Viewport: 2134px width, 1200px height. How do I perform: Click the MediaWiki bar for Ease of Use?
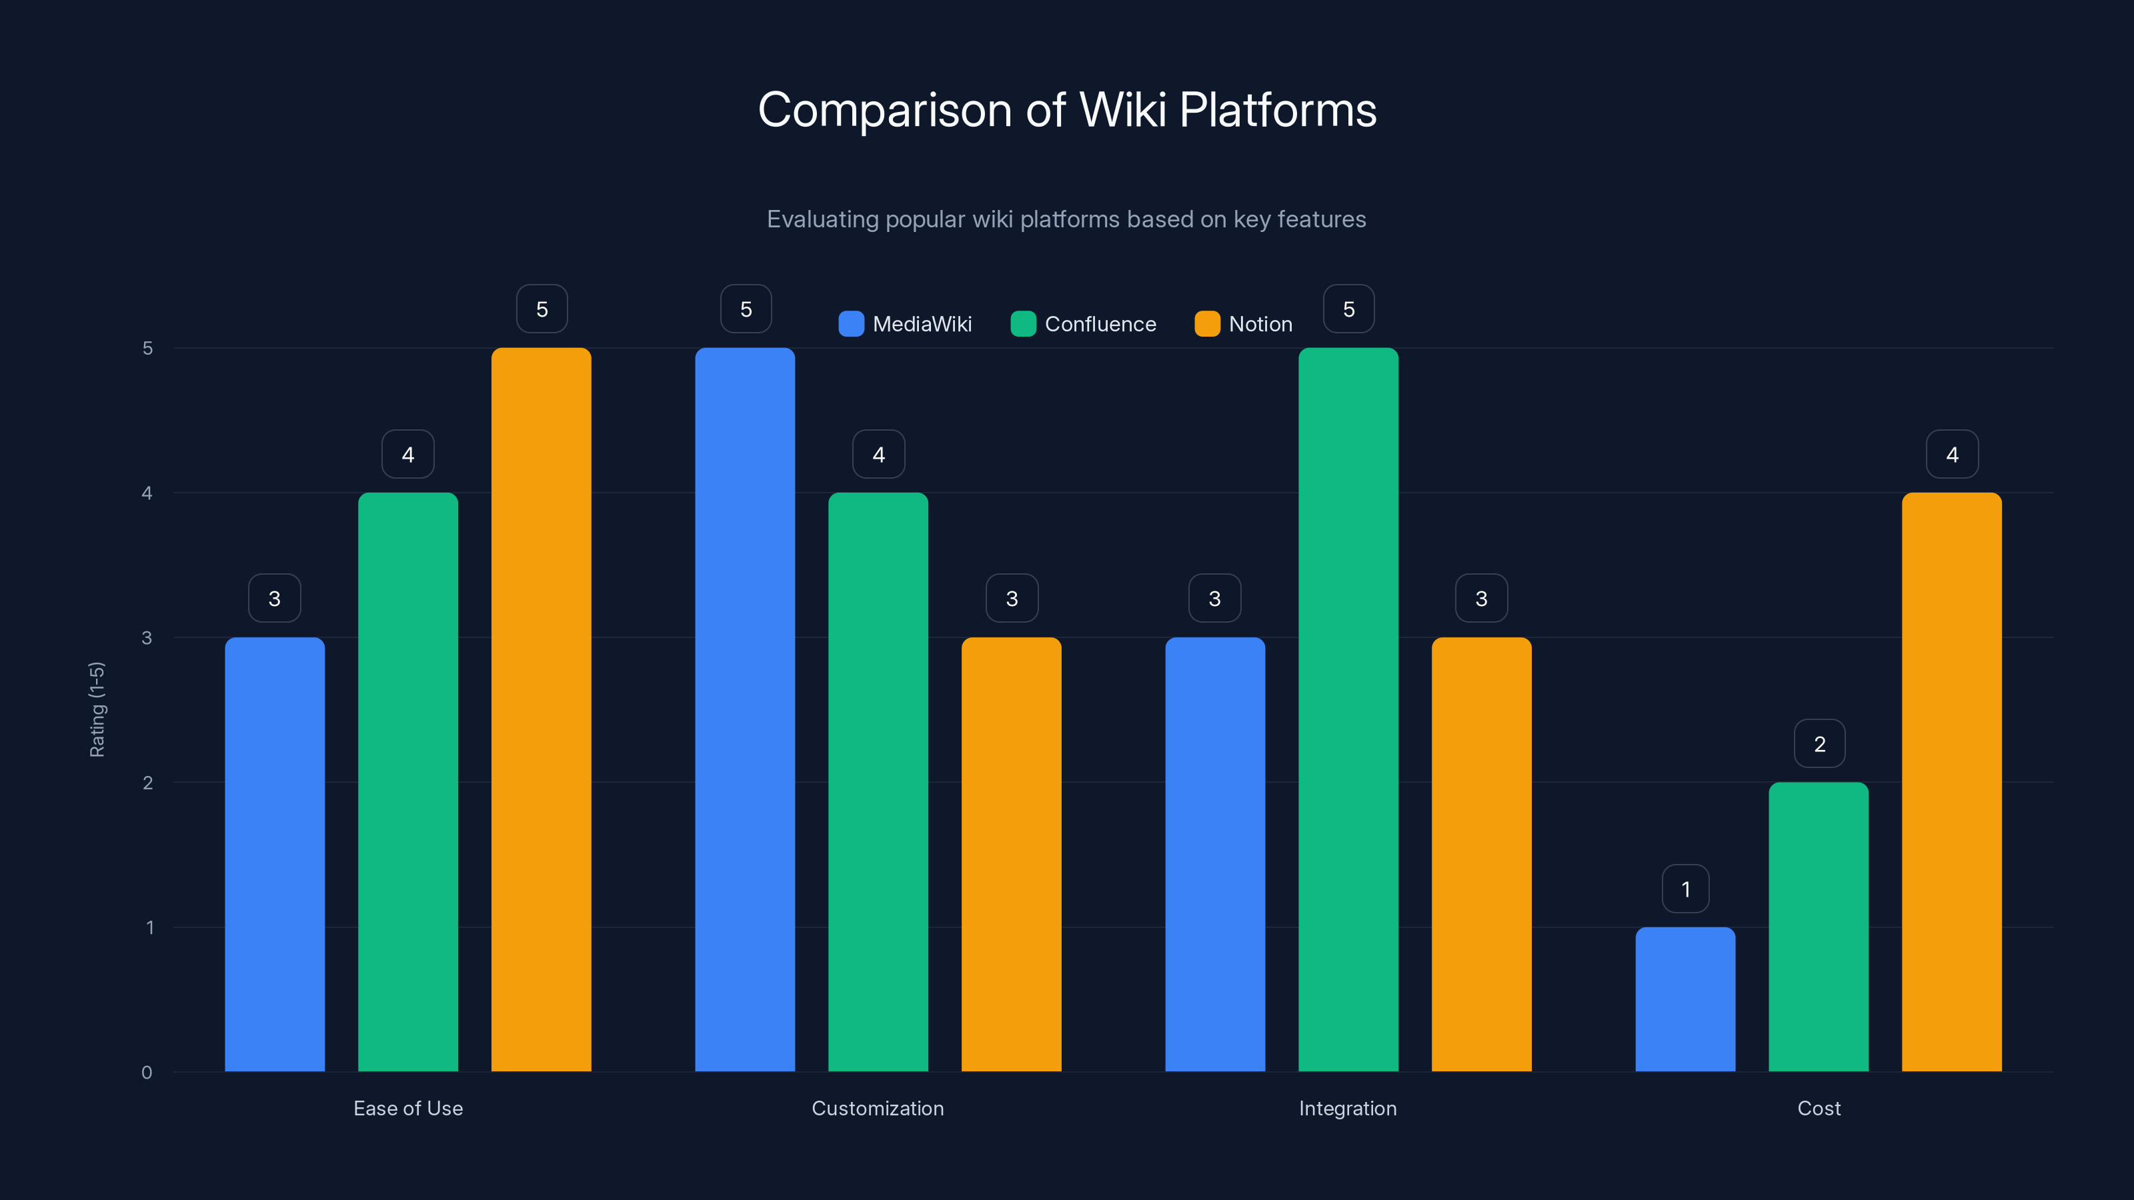click(274, 854)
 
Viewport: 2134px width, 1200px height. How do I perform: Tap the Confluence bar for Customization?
click(878, 782)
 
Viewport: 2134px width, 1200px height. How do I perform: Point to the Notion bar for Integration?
click(1481, 854)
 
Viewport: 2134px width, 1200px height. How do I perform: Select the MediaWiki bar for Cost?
click(1685, 999)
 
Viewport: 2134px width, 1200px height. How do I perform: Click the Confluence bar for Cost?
click(1819, 927)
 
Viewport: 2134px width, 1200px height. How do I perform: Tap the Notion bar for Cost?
click(1952, 782)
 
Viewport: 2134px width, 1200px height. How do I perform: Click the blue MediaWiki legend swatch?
click(851, 324)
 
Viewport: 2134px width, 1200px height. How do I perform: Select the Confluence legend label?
click(1100, 324)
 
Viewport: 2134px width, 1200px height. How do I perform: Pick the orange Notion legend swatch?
click(1207, 324)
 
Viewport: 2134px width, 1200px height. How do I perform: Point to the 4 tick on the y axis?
click(147, 493)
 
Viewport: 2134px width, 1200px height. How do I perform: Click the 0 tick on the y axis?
click(147, 1073)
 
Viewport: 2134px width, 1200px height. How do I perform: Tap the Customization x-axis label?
click(878, 1108)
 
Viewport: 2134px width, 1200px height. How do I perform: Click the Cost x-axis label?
click(1819, 1108)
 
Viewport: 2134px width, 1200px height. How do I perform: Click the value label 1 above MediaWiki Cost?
click(1685, 889)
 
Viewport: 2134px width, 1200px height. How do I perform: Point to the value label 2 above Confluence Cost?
click(1819, 744)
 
